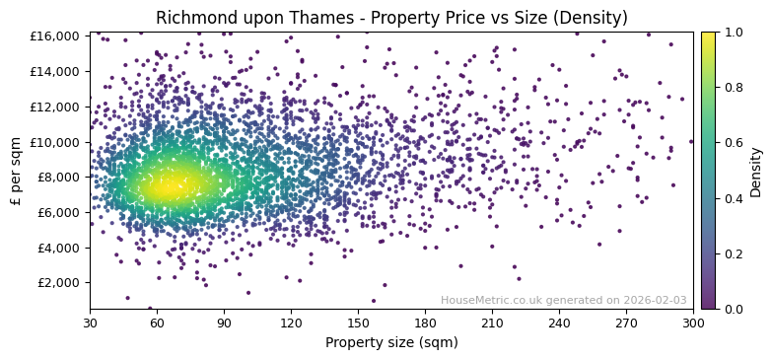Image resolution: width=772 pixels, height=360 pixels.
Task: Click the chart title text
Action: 391,18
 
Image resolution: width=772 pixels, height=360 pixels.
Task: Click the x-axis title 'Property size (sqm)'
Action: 391,342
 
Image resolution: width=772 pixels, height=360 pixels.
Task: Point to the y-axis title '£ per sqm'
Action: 16,171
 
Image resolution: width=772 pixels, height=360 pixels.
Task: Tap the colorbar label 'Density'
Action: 756,172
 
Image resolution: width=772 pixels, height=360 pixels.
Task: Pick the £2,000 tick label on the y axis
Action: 59,283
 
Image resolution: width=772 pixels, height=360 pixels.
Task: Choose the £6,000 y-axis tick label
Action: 59,212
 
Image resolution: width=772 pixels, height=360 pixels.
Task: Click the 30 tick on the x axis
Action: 90,324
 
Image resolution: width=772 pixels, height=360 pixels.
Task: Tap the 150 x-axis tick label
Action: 358,324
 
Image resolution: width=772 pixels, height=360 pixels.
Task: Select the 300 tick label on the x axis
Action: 693,324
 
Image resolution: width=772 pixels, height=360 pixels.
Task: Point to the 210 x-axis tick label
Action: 492,324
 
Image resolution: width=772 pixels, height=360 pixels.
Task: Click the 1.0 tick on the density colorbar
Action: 735,33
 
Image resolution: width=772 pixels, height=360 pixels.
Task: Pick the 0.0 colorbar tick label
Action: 735,310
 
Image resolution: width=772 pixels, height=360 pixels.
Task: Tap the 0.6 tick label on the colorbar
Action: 735,143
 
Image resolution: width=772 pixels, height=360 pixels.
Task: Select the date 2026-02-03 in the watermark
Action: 654,301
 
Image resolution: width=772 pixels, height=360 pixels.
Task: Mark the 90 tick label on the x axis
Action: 224,324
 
